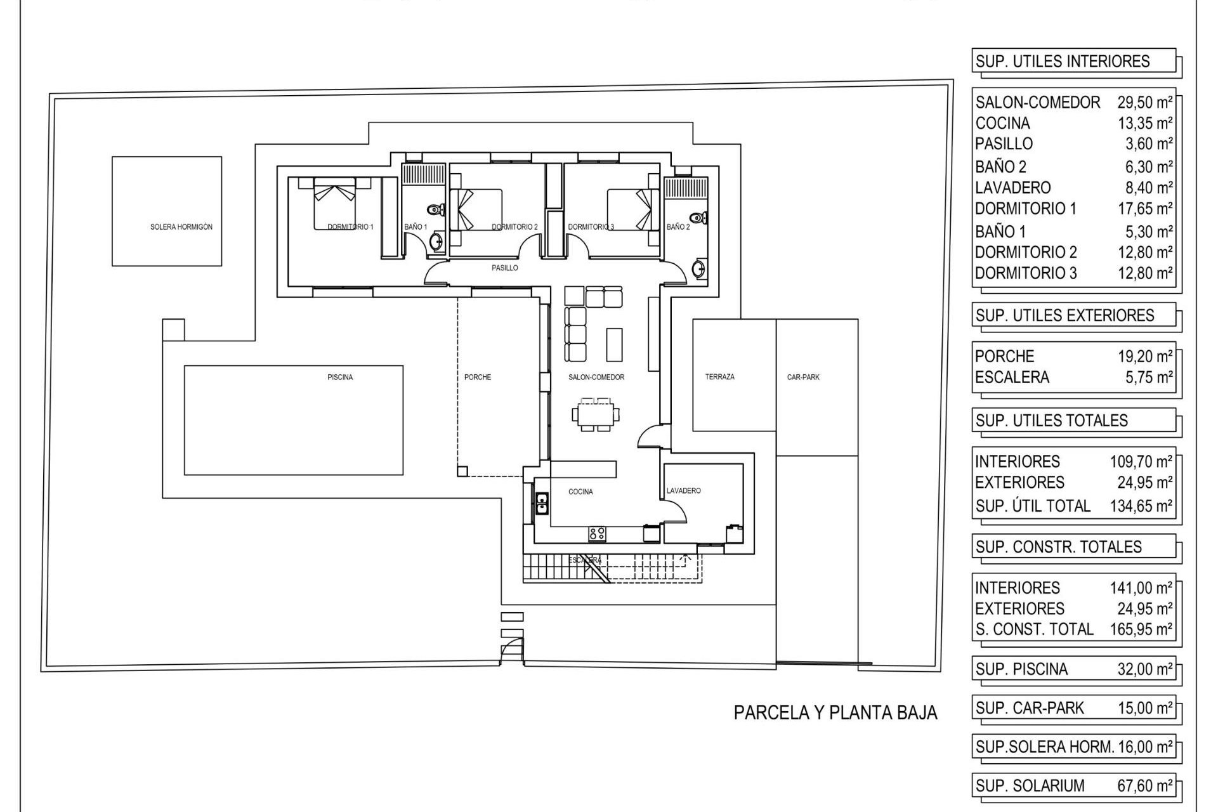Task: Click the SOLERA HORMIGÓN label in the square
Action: (x=181, y=227)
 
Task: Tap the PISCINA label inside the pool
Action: (x=340, y=377)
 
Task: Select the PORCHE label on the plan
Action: (x=477, y=377)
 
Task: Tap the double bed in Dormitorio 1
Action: (x=334, y=204)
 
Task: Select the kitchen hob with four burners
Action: (x=596, y=534)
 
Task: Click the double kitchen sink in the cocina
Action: (x=542, y=503)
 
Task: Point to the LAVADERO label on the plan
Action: (x=683, y=491)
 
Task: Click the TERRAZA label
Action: (x=719, y=377)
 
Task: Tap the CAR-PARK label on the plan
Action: (x=802, y=377)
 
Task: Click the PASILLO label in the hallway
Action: (x=505, y=268)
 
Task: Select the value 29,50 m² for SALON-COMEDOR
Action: (x=1144, y=102)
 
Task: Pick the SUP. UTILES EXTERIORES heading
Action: (x=1064, y=315)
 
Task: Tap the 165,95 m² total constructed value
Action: (x=1141, y=629)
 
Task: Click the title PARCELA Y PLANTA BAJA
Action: (x=835, y=712)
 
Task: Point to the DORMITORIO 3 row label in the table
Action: (x=1025, y=273)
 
